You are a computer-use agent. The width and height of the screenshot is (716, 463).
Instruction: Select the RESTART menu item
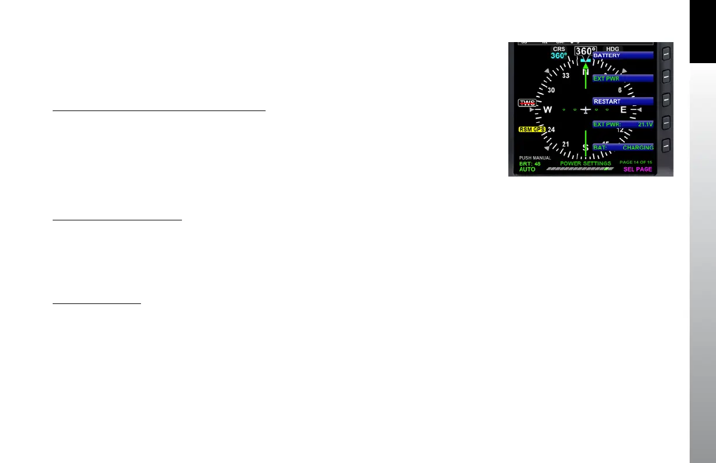point(622,101)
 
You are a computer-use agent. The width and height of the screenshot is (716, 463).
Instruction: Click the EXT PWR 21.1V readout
point(622,125)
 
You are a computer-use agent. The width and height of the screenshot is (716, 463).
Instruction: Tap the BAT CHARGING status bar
point(622,148)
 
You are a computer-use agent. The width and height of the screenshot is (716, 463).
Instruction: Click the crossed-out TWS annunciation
point(118,103)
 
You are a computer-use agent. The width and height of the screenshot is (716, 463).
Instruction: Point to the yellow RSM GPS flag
point(122,129)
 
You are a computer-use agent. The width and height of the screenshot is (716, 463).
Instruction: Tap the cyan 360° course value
point(149,56)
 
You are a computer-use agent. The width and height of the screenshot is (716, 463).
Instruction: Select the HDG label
point(612,49)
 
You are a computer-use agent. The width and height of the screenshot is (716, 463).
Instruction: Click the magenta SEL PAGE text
point(638,170)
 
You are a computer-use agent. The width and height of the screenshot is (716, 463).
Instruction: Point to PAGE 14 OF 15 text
point(635,162)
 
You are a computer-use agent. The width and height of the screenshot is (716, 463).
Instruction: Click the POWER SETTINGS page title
point(586,164)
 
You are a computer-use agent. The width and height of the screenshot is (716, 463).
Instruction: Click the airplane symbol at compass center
point(585,110)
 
